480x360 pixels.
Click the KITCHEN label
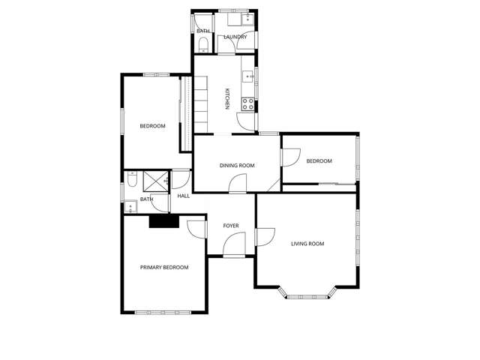(226, 100)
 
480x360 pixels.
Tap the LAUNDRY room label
(235, 37)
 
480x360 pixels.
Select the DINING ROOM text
(237, 166)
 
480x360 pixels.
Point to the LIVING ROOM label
(307, 244)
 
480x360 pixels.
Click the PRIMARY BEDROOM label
(164, 267)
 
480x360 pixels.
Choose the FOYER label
(231, 225)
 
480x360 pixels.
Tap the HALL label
(183, 196)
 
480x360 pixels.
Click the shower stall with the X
(156, 181)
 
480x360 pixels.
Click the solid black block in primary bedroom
(163, 221)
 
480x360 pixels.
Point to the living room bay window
(307, 295)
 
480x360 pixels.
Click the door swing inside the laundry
(244, 43)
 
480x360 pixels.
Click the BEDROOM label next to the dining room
(319, 161)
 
